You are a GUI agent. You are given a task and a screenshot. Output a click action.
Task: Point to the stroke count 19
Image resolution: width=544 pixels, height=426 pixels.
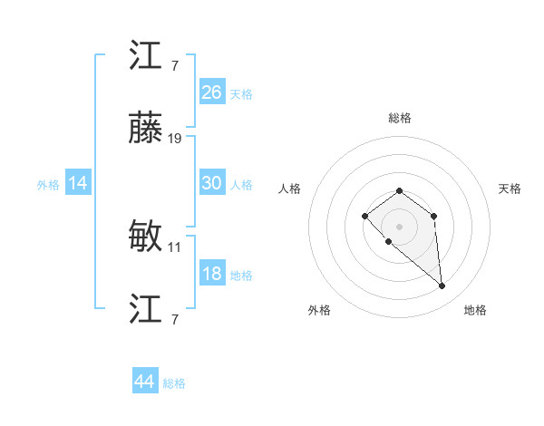(175, 139)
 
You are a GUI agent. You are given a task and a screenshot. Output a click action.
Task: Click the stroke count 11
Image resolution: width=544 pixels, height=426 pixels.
(175, 246)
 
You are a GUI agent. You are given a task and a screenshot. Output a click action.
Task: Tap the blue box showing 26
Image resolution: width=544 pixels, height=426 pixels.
(212, 92)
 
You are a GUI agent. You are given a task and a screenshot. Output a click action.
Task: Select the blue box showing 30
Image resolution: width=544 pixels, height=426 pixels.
(212, 183)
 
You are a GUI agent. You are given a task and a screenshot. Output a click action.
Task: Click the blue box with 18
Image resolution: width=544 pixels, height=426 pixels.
(212, 274)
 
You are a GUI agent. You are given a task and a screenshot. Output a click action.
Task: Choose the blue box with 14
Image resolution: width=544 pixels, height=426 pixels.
(78, 183)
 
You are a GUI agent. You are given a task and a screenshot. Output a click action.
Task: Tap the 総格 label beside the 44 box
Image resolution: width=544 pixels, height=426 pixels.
(174, 383)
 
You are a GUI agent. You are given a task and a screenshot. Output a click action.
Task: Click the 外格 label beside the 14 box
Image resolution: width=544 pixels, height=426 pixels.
(48, 185)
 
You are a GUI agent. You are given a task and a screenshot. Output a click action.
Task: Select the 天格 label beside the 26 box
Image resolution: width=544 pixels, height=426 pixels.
(241, 94)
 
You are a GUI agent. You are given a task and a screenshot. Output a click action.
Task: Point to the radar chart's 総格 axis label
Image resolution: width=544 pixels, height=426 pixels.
(400, 118)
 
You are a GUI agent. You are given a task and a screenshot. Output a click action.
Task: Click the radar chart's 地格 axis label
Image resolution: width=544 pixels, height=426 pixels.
(475, 310)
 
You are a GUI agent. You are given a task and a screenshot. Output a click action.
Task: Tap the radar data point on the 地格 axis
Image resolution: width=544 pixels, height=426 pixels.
(442, 286)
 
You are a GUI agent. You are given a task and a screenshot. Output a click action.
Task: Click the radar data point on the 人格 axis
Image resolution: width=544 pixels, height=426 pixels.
(364, 216)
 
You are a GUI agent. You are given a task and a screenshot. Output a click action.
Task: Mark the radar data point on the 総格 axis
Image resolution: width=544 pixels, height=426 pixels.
(400, 190)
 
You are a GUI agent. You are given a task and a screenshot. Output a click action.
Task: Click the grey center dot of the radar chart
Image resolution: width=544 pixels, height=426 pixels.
(400, 227)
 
